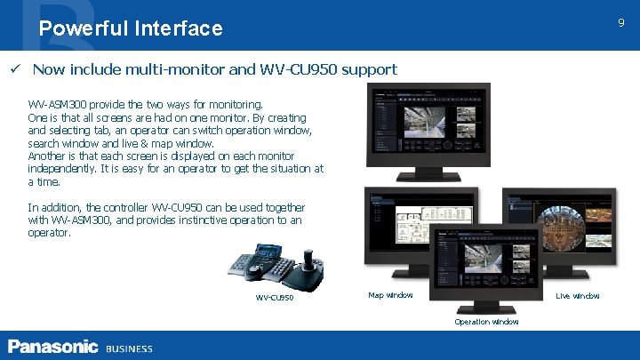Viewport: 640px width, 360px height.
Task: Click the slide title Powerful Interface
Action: coord(131,28)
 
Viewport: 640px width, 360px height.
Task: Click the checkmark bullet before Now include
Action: coord(14,69)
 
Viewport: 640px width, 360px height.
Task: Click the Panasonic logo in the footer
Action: coord(53,346)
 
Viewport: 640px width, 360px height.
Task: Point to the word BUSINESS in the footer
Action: coord(129,348)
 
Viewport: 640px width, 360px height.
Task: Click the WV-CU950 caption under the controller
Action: coord(275,298)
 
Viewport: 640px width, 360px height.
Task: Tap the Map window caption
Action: coord(390,295)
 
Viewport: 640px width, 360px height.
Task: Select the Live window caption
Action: coord(577,295)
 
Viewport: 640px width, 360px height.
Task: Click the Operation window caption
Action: coord(486,321)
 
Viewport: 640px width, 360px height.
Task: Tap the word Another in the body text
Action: coord(47,156)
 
